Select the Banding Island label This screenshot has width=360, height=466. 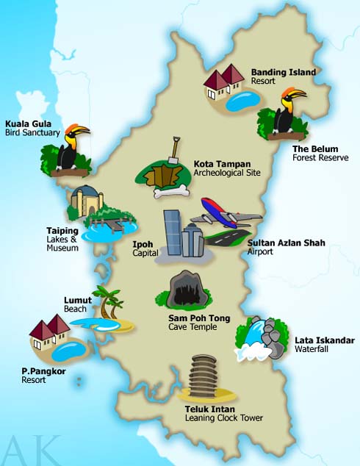283,72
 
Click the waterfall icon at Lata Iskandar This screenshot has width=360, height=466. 257,340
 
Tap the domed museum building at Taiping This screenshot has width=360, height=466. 87,200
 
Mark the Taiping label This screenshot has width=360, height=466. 62,230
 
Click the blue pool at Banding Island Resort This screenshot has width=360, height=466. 243,100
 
